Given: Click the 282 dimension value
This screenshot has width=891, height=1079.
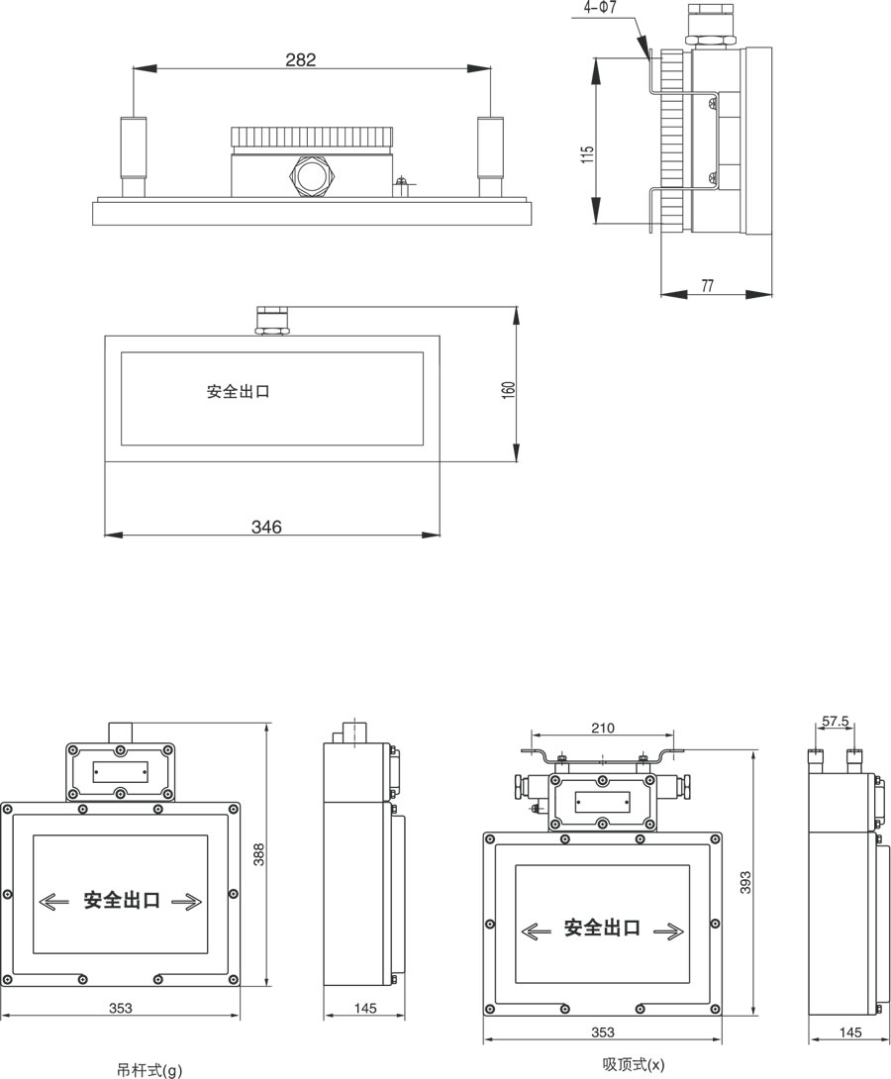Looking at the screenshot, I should [x=300, y=60].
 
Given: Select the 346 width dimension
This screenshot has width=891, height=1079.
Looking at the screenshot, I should [x=266, y=528].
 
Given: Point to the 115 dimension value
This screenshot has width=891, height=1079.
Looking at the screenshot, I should [x=588, y=154].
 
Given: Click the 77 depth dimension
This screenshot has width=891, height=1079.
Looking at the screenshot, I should [x=707, y=286].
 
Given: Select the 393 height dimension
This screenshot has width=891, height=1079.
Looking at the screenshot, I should [x=747, y=881].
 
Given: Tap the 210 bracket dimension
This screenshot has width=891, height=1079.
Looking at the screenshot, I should [x=602, y=729].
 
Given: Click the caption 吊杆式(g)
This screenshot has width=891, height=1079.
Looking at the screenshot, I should [x=149, y=1069].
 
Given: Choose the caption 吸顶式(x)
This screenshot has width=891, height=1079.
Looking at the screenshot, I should [x=634, y=1064].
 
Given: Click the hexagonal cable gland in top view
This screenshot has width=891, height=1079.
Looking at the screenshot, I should [x=310, y=177].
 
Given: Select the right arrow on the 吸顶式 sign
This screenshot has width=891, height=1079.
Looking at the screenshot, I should [x=668, y=930].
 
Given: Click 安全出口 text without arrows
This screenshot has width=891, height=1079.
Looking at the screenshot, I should [x=239, y=391].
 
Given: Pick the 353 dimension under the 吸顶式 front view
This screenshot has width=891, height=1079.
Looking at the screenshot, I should [x=602, y=1032].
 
